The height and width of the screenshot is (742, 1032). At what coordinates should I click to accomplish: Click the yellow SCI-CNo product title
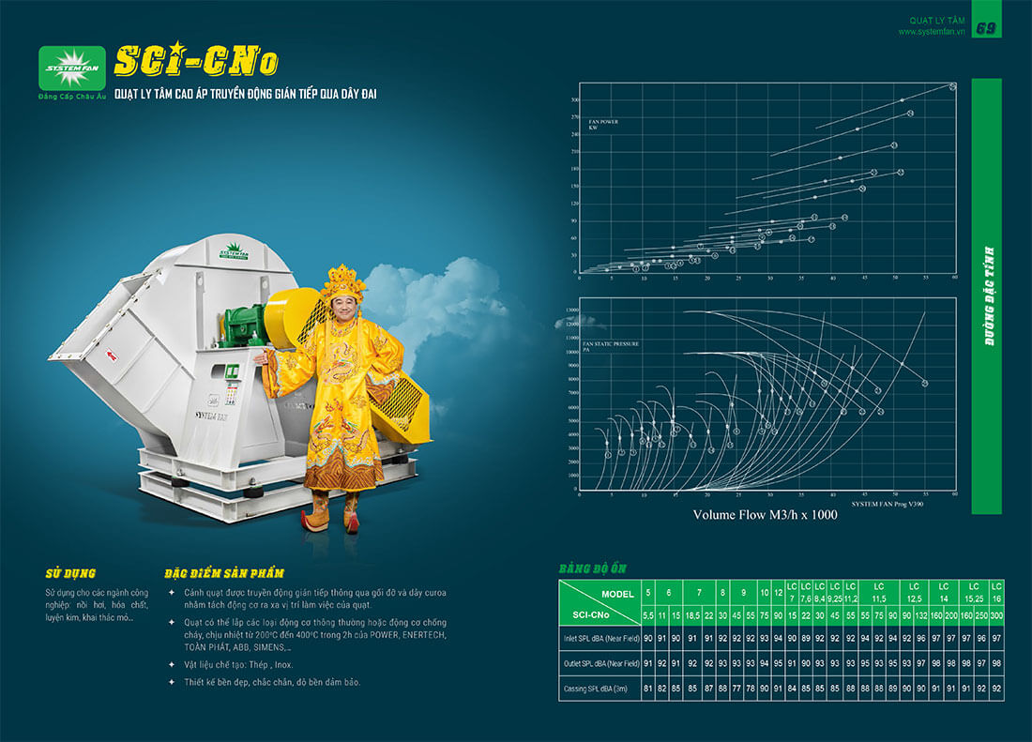[195, 61]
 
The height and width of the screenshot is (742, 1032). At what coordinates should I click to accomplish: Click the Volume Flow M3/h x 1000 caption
[765, 515]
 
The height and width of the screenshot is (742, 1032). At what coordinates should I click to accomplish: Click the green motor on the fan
[247, 324]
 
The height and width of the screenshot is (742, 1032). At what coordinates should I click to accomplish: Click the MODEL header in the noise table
[612, 594]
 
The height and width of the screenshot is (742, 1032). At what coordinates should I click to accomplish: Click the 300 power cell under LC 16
[996, 614]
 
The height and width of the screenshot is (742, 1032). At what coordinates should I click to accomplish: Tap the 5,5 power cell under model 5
[647, 614]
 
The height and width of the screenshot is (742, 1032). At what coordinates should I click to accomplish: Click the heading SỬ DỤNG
[70, 572]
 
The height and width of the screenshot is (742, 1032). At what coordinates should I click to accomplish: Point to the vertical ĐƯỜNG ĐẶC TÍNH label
[988, 296]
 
